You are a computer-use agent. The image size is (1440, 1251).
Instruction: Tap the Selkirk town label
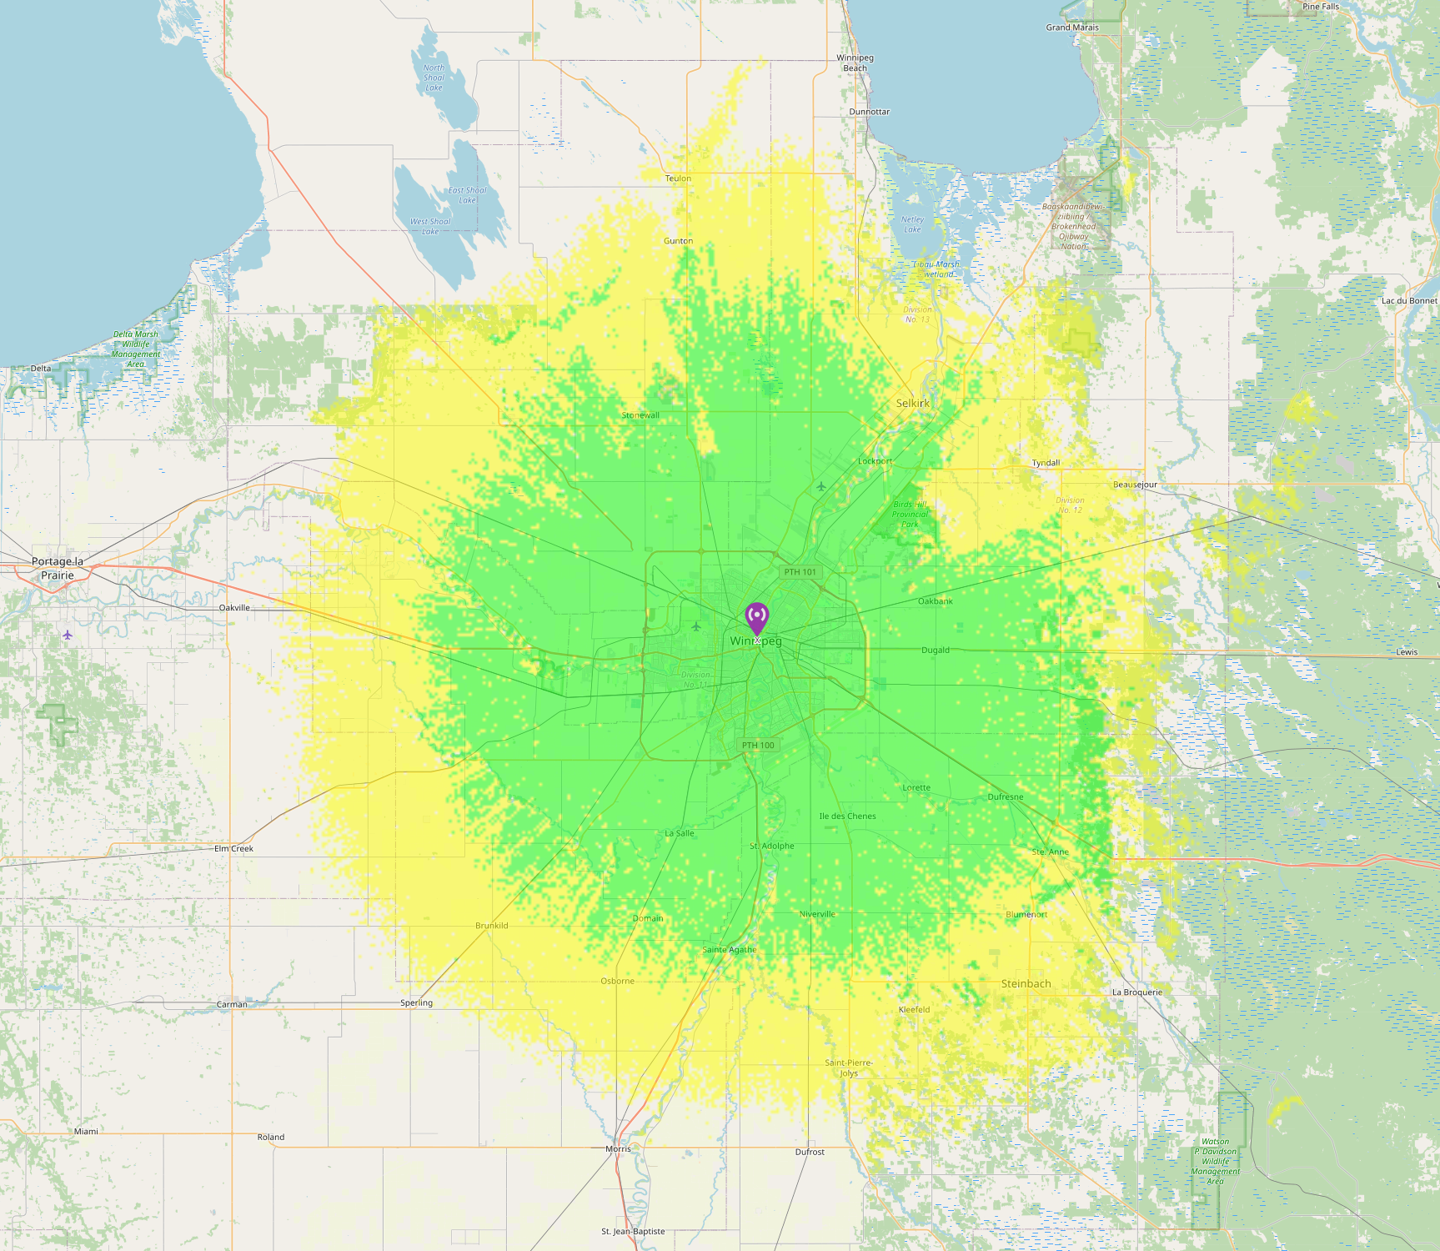[912, 403]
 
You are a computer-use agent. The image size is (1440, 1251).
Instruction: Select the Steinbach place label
[1026, 983]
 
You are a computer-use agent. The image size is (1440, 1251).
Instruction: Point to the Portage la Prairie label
[58, 568]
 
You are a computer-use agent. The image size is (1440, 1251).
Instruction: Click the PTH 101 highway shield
[800, 572]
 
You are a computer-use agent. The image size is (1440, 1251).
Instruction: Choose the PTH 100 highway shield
[758, 746]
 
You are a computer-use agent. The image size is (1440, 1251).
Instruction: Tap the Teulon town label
[678, 178]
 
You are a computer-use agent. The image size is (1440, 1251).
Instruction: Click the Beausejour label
[1135, 485]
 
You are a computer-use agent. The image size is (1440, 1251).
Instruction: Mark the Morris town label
[618, 1148]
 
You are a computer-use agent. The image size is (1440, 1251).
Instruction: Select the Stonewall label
[640, 415]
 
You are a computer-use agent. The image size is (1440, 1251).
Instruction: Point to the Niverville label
[817, 914]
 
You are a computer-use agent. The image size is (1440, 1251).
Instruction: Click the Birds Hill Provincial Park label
[910, 514]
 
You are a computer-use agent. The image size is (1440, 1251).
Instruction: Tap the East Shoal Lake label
[467, 195]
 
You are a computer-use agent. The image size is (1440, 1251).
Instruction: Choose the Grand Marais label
[1072, 28]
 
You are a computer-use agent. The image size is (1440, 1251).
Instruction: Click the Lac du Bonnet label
[1409, 301]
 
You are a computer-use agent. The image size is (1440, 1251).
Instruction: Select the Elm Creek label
[233, 848]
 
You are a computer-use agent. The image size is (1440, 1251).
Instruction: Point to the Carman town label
[232, 1004]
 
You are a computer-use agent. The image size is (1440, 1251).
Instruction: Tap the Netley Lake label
[912, 224]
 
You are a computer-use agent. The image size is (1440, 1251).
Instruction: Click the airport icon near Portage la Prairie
[68, 635]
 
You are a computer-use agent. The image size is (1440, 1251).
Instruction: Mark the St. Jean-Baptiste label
[633, 1231]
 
